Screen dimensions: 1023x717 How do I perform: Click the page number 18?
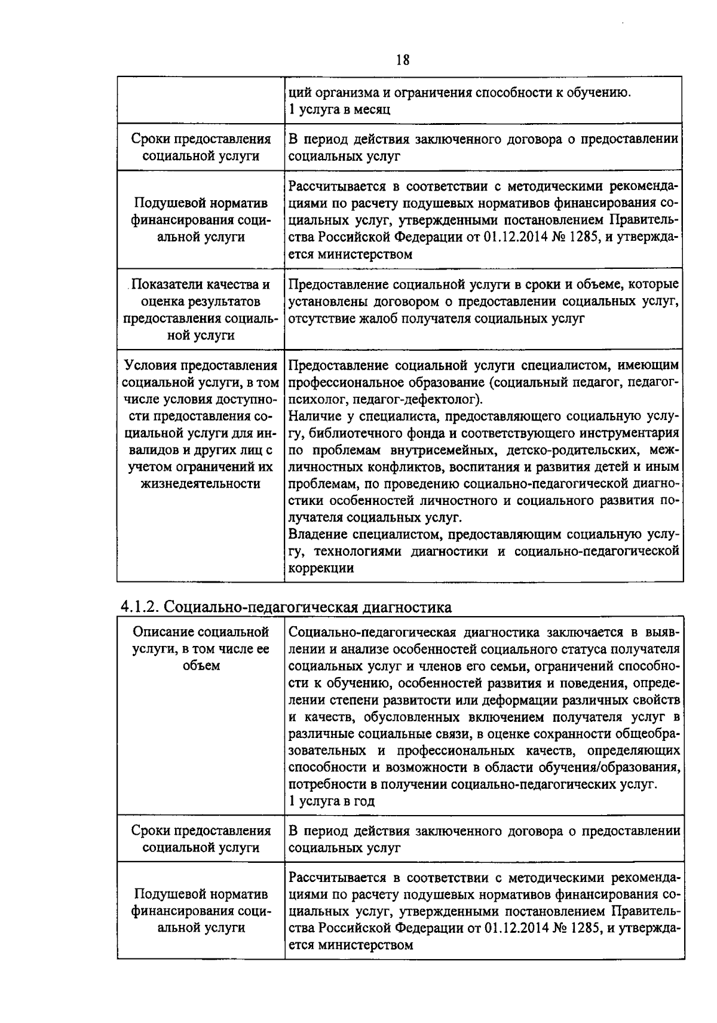click(x=402, y=60)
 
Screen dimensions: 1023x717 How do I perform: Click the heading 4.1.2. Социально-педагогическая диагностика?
click(x=286, y=607)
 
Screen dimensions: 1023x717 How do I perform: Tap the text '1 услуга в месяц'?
click(x=339, y=109)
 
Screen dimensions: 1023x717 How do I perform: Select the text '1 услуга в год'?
click(x=332, y=801)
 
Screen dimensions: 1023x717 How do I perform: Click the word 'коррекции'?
click(x=321, y=568)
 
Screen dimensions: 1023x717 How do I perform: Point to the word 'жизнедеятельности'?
click(x=200, y=483)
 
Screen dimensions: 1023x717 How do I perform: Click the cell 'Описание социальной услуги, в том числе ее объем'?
click(x=200, y=648)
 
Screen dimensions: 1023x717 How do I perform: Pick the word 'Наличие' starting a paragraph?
click(x=313, y=415)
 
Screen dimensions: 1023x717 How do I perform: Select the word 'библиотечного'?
click(x=365, y=432)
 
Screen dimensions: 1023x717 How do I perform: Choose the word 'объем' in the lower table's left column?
click(x=200, y=665)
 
